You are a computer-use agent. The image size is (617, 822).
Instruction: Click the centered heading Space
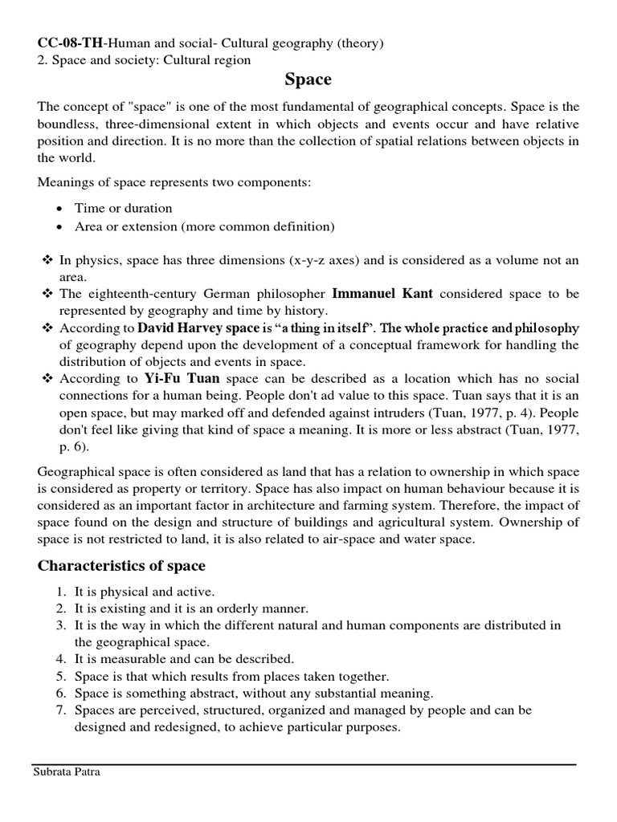pos(308,79)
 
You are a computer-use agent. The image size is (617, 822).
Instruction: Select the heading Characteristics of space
pos(121,565)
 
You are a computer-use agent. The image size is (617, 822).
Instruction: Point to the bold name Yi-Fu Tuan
pos(182,377)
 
